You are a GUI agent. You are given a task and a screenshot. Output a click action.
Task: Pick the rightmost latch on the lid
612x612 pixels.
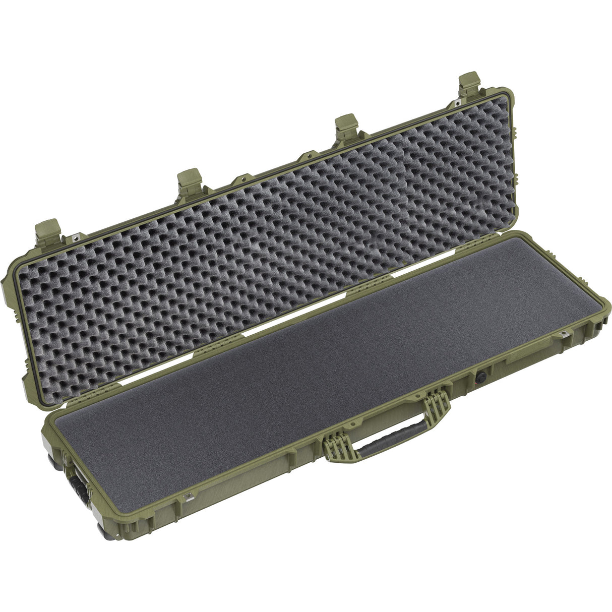pos(469,87)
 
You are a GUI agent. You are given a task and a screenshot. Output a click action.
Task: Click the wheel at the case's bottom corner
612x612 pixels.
pos(105,530)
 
